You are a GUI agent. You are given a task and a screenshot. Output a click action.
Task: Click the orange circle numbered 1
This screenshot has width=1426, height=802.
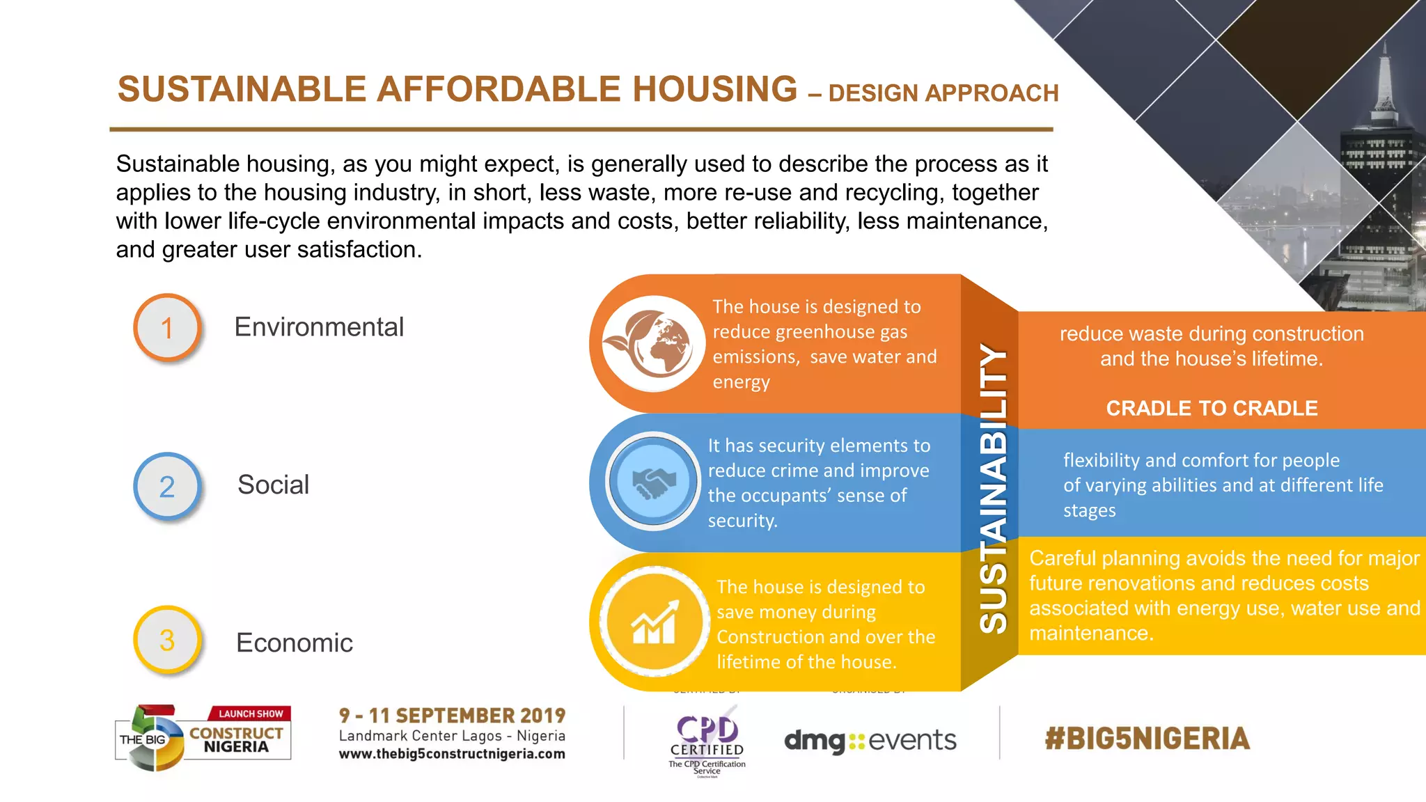(167, 327)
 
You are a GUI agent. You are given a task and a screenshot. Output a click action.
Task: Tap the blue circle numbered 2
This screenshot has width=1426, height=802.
(167, 486)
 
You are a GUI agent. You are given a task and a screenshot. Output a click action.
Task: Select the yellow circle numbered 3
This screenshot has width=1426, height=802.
(167, 640)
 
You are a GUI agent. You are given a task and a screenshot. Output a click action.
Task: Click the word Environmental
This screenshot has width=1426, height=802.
(318, 327)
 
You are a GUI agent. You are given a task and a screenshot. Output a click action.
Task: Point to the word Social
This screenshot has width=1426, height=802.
(273, 485)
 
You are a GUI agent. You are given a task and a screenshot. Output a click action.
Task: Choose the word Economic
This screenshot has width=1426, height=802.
(294, 643)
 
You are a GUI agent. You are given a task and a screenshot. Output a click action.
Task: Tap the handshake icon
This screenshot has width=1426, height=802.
(652, 481)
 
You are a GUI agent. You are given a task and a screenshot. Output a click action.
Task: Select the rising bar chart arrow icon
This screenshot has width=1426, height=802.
(653, 621)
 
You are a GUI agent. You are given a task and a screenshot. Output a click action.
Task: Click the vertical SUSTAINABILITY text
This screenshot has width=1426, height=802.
(992, 487)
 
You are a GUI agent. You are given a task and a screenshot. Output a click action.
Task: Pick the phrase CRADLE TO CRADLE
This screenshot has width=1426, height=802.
(1212, 408)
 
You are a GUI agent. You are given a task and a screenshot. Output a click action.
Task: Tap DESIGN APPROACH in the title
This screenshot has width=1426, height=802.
(943, 93)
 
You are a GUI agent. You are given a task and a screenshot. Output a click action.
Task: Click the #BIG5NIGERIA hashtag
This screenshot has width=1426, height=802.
(1147, 739)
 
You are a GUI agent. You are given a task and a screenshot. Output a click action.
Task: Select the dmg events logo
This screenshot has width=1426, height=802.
(870, 740)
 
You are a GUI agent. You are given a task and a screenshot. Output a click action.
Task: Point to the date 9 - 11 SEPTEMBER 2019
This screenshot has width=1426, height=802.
(452, 716)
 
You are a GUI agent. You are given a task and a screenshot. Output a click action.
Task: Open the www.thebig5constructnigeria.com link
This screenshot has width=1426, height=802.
(452, 754)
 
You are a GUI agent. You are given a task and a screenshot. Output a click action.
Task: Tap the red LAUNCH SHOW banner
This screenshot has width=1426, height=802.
(251, 714)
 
